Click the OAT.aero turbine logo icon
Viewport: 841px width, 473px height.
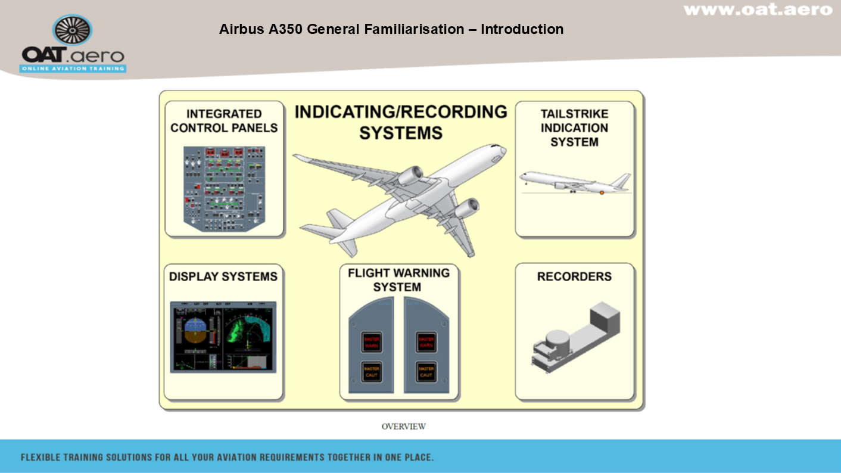click(x=72, y=30)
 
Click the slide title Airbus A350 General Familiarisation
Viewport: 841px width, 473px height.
click(x=391, y=29)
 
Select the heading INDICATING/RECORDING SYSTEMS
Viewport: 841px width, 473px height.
click(x=401, y=122)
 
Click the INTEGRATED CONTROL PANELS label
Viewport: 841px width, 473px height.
click(x=224, y=121)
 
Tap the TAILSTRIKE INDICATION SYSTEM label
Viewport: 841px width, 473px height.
click(x=574, y=127)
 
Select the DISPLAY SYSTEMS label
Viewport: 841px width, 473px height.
click(x=223, y=277)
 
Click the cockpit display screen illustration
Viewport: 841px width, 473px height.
click(x=223, y=337)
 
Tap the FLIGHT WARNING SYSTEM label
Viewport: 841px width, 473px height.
click(x=399, y=280)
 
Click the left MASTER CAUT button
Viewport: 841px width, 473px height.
click(x=372, y=372)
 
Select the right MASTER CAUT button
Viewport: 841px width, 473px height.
click(x=426, y=372)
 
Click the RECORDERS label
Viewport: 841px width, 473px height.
click(x=574, y=276)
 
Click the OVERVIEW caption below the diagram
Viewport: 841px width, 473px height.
click(x=404, y=427)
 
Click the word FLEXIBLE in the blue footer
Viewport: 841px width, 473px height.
click(x=42, y=458)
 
